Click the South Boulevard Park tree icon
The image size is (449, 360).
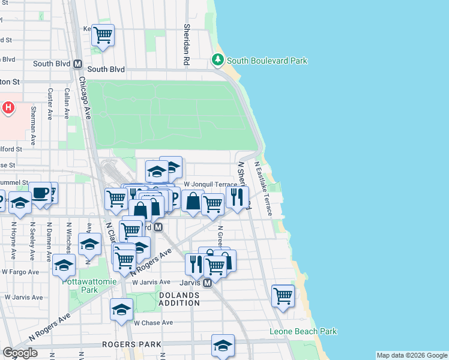[217, 60]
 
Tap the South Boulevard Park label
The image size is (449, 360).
[267, 61]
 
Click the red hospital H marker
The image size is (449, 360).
[8, 108]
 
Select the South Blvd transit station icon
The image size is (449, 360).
[77, 64]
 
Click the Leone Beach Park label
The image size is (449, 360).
[303, 331]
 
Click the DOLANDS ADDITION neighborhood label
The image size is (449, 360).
[179, 299]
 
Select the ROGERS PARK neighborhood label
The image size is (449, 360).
[131, 344]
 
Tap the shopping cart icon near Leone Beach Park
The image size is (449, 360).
[283, 296]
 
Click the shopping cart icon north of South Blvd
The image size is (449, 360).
[103, 35]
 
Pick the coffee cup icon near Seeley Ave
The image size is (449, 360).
[40, 193]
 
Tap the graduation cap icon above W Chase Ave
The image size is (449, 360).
[121, 310]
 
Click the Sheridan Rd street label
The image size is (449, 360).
[187, 44]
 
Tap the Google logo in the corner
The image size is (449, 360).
[20, 353]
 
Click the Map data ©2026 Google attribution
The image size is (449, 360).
[412, 355]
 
